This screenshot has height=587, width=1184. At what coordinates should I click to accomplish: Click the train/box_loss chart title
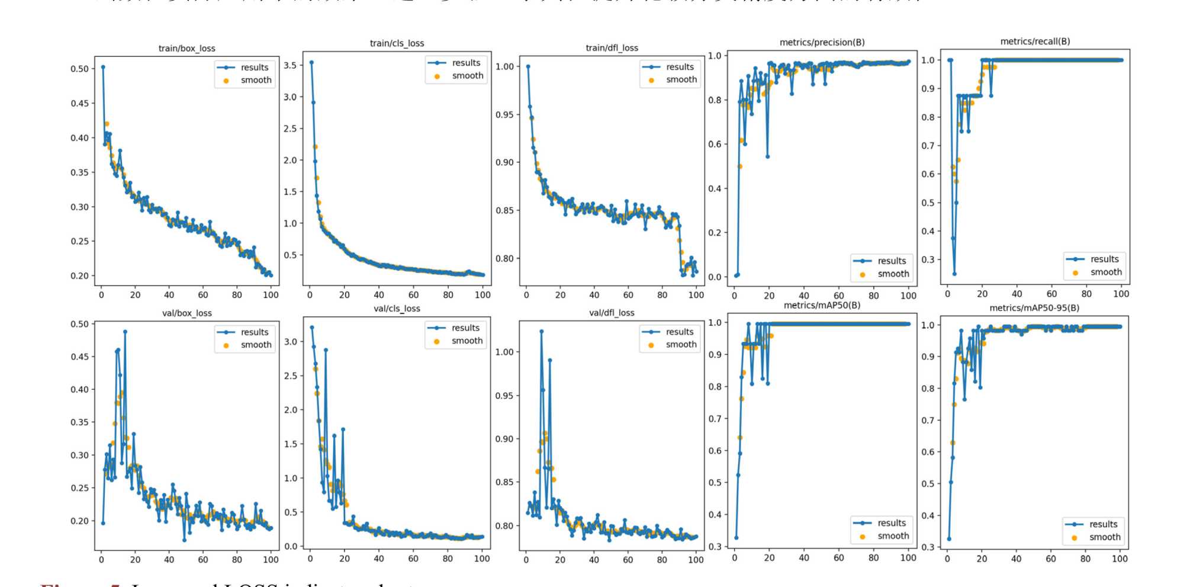click(x=186, y=49)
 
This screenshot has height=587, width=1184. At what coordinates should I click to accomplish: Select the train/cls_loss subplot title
click(x=397, y=43)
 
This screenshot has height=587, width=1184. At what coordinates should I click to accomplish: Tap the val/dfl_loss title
click(x=612, y=313)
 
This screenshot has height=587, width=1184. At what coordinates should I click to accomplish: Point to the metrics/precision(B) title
click(x=822, y=42)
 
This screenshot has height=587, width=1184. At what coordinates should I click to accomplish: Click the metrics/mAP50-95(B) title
click(x=1034, y=308)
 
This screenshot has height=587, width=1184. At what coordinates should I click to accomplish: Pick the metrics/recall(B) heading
click(x=1035, y=41)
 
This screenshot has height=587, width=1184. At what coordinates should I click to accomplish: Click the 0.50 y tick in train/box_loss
click(x=79, y=69)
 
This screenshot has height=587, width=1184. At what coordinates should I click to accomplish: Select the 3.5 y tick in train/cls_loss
click(x=289, y=65)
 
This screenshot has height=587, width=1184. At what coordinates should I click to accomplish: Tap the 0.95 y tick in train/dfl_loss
click(x=504, y=114)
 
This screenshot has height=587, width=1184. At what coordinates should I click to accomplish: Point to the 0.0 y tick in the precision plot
click(x=715, y=277)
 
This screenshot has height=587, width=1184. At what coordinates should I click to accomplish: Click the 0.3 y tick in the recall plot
click(x=927, y=259)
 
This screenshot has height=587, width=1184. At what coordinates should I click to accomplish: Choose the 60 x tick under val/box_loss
click(x=203, y=559)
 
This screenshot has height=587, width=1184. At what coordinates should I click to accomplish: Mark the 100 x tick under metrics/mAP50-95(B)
click(x=1119, y=559)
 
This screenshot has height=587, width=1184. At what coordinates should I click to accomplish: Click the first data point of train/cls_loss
click(x=311, y=62)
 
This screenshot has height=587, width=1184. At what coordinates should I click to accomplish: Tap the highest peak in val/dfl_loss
click(x=541, y=332)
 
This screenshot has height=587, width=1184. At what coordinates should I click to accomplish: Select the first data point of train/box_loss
click(x=103, y=67)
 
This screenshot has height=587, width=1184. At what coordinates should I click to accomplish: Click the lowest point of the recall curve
click(x=954, y=274)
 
